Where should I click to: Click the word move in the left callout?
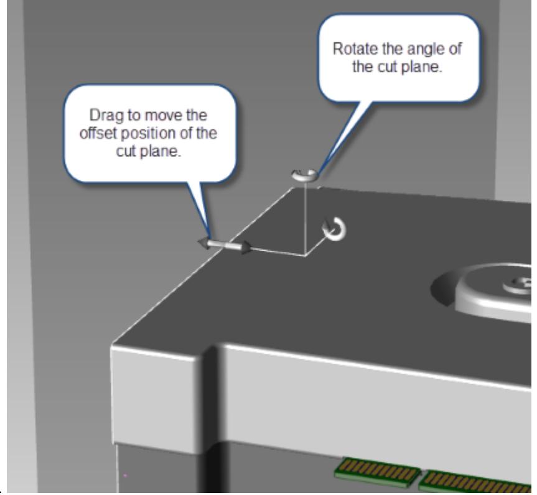point(161,116)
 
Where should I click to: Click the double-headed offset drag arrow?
point(225,245)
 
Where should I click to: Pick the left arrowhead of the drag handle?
point(203,243)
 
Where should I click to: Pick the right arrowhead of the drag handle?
point(246,247)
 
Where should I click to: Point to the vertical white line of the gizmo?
point(305,218)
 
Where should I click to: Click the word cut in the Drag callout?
point(126,151)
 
